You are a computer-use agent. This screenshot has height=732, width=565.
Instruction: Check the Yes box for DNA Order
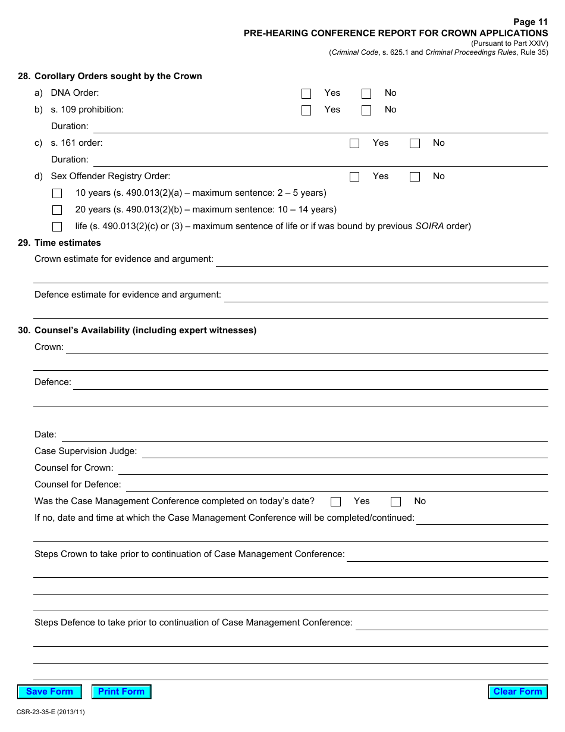click(x=306, y=93)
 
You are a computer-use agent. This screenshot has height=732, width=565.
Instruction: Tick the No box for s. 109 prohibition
click(x=366, y=110)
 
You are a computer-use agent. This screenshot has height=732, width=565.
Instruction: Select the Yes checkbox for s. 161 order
click(x=354, y=143)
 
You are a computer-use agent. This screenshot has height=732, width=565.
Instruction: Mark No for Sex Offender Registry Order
click(x=415, y=177)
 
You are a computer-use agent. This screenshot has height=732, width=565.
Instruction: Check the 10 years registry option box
click(x=57, y=193)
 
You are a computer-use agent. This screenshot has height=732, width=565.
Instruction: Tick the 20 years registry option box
click(x=57, y=210)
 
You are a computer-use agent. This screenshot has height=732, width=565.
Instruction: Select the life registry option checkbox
click(x=57, y=227)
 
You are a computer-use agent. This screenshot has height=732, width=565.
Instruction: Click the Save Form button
click(x=49, y=692)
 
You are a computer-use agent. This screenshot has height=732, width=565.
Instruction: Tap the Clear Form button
click(x=517, y=692)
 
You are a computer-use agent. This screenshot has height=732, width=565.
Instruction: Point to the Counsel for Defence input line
click(x=336, y=485)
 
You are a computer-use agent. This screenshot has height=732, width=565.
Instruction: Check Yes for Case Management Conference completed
click(x=336, y=502)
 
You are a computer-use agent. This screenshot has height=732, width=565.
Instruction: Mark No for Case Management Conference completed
click(x=395, y=502)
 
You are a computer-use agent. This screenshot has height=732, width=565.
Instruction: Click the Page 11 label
click(x=531, y=22)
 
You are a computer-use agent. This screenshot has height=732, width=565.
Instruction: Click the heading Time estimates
click(x=67, y=243)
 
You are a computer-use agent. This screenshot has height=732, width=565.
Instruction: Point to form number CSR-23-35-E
click(x=51, y=712)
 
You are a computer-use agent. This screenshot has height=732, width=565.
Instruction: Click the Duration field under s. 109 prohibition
click(x=320, y=127)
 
